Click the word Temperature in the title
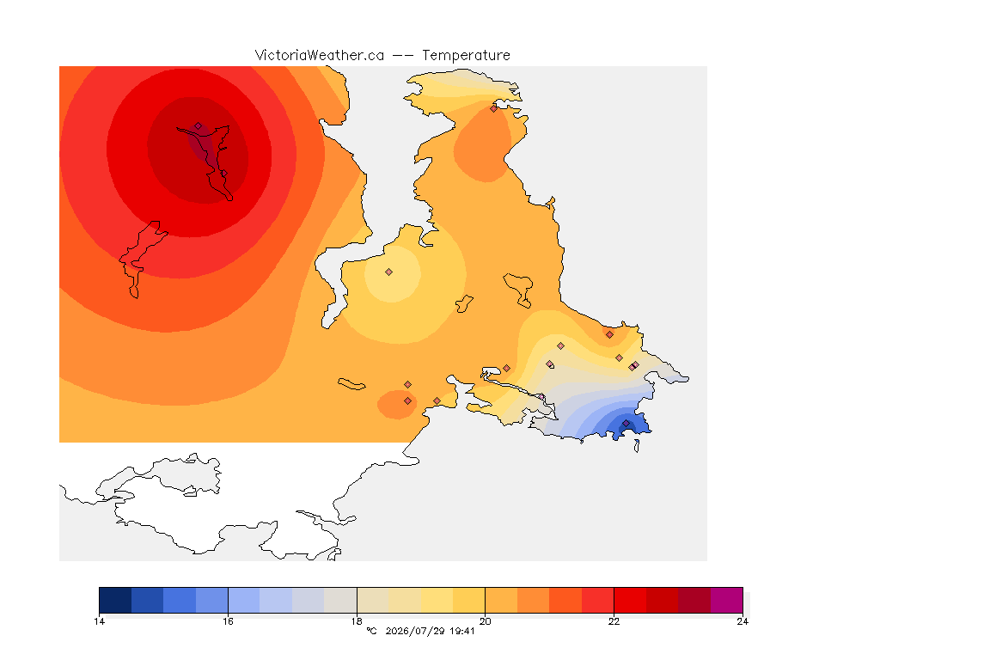pyautogui.click(x=466, y=56)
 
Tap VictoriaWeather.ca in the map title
pyautogui.click(x=320, y=56)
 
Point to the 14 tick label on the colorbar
pyautogui.click(x=99, y=621)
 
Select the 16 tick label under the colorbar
pyautogui.click(x=228, y=621)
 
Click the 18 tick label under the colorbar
pyautogui.click(x=357, y=621)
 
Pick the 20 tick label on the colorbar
pyautogui.click(x=485, y=621)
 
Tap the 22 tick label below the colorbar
pyautogui.click(x=614, y=621)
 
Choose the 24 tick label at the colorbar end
pyautogui.click(x=742, y=621)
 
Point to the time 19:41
pyautogui.click(x=462, y=631)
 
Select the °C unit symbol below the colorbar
pyautogui.click(x=371, y=631)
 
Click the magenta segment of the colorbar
pyautogui.click(x=727, y=600)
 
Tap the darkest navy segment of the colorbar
pyautogui.click(x=115, y=600)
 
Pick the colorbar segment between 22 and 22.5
pyautogui.click(x=630, y=600)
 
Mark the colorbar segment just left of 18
pyautogui.click(x=340, y=600)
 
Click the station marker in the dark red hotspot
pyautogui.click(x=199, y=126)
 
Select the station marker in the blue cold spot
pyautogui.click(x=626, y=423)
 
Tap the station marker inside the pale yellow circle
pyautogui.click(x=389, y=272)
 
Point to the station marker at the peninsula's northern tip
pyautogui.click(x=494, y=108)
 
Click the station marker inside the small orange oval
pyautogui.click(x=408, y=401)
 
